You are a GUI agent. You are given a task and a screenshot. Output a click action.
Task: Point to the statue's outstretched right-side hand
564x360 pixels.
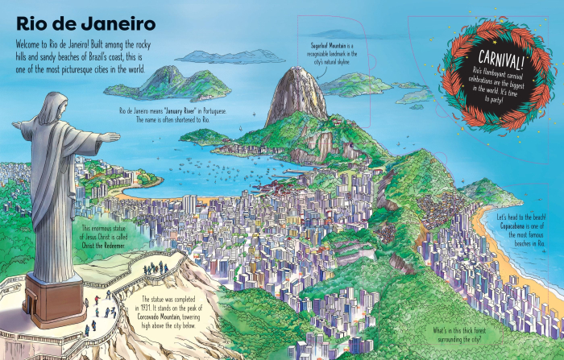[113, 137]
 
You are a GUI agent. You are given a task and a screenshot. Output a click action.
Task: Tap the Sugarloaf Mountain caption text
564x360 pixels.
[338, 53]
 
